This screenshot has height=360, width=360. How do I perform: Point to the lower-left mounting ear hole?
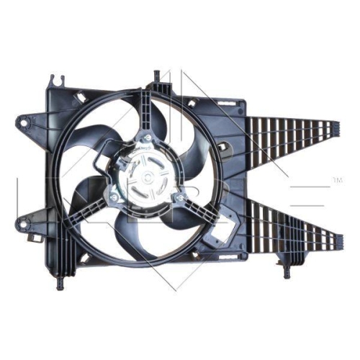point(24,217)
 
